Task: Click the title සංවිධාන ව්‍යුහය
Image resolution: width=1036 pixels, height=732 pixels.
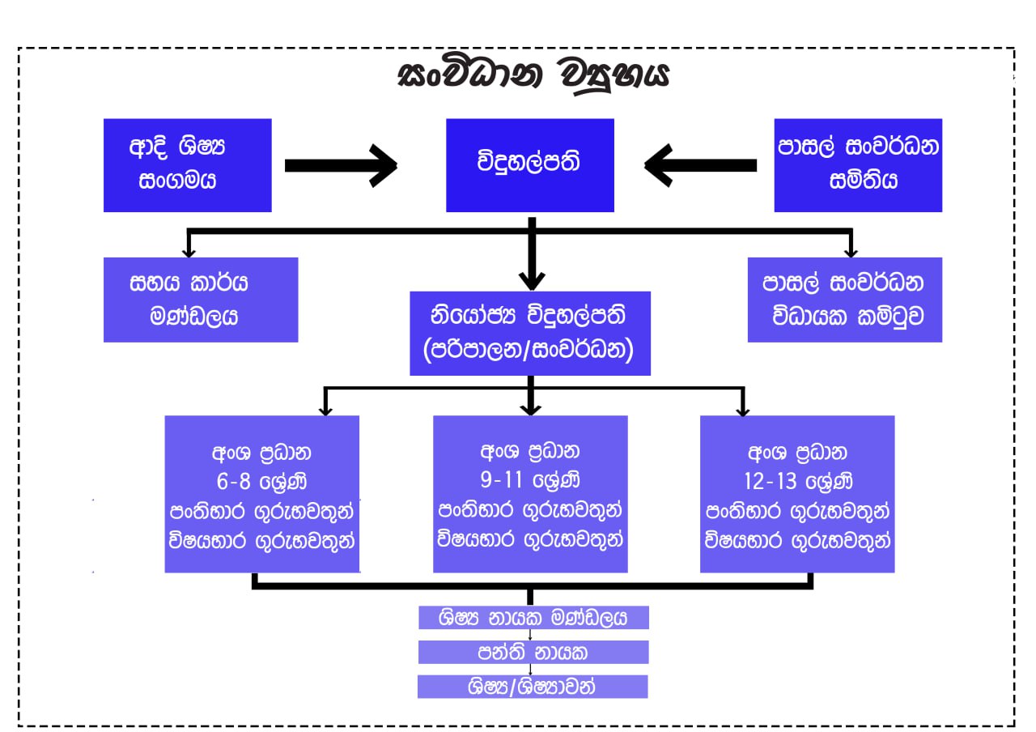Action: click(x=534, y=75)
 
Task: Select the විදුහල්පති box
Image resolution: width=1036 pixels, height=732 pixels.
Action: click(x=530, y=165)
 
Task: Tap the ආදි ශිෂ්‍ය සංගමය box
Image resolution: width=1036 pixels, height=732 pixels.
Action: click(x=187, y=165)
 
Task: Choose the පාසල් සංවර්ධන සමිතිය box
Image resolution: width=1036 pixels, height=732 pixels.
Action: click(x=858, y=165)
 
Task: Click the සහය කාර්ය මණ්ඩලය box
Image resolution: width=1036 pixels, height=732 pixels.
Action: click(x=201, y=300)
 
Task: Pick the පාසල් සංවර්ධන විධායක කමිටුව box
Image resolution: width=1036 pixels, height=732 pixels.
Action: click(x=845, y=300)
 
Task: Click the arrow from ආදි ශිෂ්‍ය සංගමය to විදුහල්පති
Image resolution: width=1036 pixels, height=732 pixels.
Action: click(x=340, y=165)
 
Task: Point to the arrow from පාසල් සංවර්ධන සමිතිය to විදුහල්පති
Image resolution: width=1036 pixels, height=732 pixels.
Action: click(x=701, y=165)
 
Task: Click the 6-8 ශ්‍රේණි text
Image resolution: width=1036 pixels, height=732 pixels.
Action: click(x=261, y=481)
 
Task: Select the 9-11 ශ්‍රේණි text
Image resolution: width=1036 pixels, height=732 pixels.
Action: click(x=530, y=481)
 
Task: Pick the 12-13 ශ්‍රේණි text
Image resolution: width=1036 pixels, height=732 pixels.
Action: click(x=797, y=481)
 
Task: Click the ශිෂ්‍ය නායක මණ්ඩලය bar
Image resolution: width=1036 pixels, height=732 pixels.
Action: click(x=533, y=618)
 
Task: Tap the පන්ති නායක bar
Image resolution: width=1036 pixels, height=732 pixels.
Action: click(x=533, y=652)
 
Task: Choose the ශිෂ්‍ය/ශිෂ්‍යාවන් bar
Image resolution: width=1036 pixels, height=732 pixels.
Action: click(x=533, y=686)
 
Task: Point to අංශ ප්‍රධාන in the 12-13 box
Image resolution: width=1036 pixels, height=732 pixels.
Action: click(x=797, y=452)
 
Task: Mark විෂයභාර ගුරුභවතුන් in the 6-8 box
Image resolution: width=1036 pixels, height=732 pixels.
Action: click(x=261, y=542)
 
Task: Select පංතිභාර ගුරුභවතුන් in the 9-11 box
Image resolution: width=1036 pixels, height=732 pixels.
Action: click(x=530, y=511)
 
